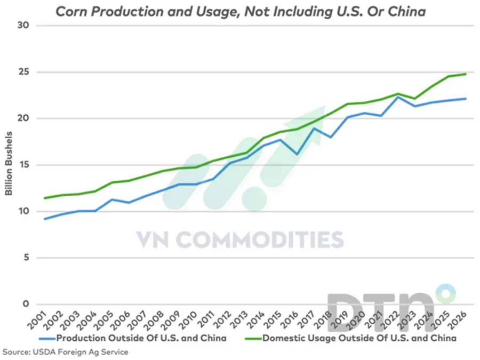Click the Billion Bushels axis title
[9, 165]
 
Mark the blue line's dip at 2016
[297, 154]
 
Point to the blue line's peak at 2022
[396, 97]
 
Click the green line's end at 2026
[466, 74]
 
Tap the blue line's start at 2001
[44, 219]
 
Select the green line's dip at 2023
[414, 99]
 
